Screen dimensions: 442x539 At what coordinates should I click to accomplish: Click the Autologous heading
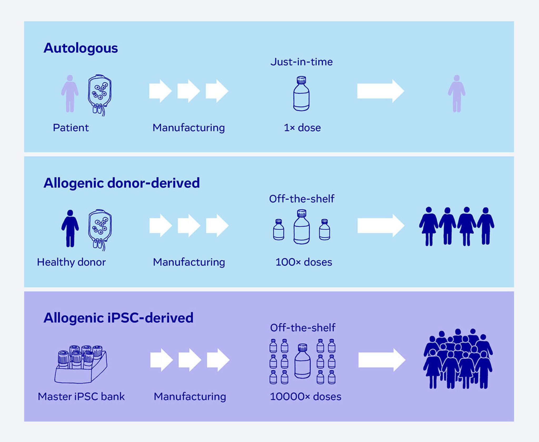click(81, 48)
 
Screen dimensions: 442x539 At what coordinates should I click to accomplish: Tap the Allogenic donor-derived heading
click(122, 183)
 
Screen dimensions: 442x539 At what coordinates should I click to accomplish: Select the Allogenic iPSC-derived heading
click(118, 318)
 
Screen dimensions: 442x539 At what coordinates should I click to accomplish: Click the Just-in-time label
click(302, 62)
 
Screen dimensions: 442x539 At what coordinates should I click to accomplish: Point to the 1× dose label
click(302, 128)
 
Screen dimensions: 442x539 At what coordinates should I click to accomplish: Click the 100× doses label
click(304, 262)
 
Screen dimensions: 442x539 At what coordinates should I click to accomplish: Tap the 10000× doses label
click(306, 396)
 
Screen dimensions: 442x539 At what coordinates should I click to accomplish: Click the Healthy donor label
click(71, 262)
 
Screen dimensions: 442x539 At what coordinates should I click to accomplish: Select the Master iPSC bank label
click(81, 396)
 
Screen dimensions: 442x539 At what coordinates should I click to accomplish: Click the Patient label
click(71, 128)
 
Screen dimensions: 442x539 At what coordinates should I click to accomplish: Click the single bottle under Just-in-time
click(301, 94)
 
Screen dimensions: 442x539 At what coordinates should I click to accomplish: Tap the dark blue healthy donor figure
click(70, 229)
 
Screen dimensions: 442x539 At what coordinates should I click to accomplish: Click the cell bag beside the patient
click(99, 95)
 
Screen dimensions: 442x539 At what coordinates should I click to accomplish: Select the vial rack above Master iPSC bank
click(80, 365)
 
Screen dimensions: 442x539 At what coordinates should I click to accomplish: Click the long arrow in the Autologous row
click(380, 91)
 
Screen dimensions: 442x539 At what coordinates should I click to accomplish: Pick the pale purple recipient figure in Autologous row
click(457, 94)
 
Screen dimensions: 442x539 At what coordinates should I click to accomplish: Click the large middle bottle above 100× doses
click(302, 227)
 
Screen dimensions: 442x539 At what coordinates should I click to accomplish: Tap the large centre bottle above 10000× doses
click(302, 361)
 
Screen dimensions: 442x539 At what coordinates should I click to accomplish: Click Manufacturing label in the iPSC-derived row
click(190, 396)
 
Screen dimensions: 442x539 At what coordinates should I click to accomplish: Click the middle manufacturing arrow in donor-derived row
click(188, 226)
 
